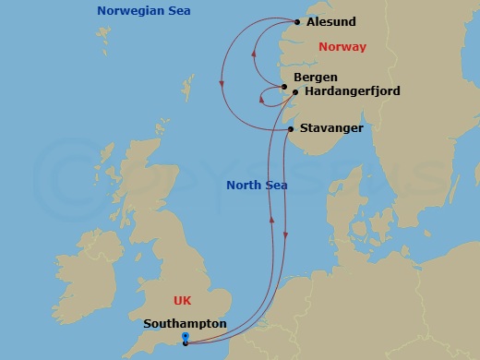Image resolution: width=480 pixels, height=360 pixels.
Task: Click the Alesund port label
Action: pos(330,22)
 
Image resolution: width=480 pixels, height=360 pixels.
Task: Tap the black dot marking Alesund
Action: pos(297,22)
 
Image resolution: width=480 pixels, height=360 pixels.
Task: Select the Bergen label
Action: pos(315,78)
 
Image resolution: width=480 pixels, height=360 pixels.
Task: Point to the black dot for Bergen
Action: pos(285,87)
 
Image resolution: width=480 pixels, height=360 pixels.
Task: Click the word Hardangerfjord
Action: pos(346,92)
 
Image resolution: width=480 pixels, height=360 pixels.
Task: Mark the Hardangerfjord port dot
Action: pos(294,92)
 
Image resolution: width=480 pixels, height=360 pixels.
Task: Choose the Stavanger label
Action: pos(331,128)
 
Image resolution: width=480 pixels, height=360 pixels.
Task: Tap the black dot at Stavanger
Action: pos(291,129)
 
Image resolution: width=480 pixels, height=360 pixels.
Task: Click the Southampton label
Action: pos(185,324)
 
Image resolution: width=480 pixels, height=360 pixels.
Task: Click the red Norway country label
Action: pos(342,47)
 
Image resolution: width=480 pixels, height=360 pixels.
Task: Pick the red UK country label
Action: pos(183,301)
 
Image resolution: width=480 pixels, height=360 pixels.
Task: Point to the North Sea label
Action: pos(257,186)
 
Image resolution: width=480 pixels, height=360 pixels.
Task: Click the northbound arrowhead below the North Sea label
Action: pos(271,220)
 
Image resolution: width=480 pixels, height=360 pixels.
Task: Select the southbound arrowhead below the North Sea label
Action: pos(285,236)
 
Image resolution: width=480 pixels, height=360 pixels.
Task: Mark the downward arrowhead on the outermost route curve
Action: pos(222,86)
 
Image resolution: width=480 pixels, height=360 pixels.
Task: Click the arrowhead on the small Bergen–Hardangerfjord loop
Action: pos(261,101)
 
